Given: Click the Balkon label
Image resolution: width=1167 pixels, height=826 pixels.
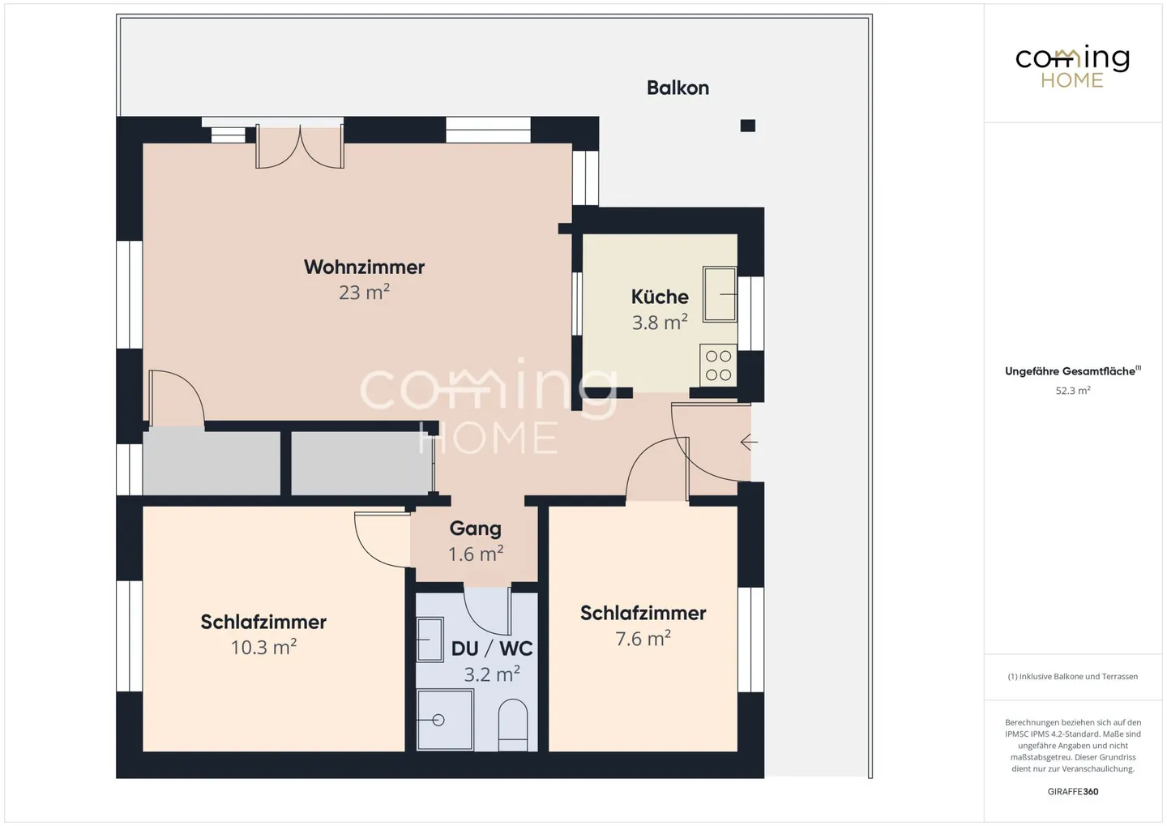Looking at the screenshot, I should click(x=678, y=88).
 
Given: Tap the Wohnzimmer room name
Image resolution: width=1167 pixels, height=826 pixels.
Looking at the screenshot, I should click(x=364, y=267).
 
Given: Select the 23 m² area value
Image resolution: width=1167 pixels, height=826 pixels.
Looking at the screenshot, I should click(x=364, y=292).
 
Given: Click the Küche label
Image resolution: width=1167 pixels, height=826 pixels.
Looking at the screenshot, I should click(x=660, y=297).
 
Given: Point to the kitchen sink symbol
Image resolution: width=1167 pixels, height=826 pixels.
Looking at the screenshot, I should click(x=719, y=294).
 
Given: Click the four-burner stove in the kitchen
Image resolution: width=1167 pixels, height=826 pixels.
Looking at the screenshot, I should click(x=718, y=365).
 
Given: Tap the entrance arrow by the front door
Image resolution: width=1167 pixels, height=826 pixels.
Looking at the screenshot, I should click(x=749, y=443).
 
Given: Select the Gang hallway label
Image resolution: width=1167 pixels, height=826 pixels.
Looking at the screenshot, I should click(x=475, y=529).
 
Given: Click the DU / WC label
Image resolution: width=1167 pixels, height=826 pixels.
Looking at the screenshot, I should click(x=492, y=648).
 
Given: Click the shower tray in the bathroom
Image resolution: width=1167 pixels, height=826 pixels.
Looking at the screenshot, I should click(x=445, y=719).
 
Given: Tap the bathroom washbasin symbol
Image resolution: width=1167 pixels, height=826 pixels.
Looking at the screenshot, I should click(x=430, y=640).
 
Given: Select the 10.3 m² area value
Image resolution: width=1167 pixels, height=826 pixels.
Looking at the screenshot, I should click(x=263, y=647).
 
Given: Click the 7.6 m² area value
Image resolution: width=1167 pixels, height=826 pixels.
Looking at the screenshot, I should click(x=643, y=639).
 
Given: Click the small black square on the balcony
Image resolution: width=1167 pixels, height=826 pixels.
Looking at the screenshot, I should click(x=748, y=126).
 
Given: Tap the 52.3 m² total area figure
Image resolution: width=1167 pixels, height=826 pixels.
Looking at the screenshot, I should click(x=1072, y=391).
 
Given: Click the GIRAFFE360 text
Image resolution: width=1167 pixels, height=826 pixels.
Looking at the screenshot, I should click(x=1072, y=791).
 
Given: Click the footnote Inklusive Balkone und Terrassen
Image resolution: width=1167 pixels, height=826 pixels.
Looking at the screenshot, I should click(x=1072, y=676).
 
